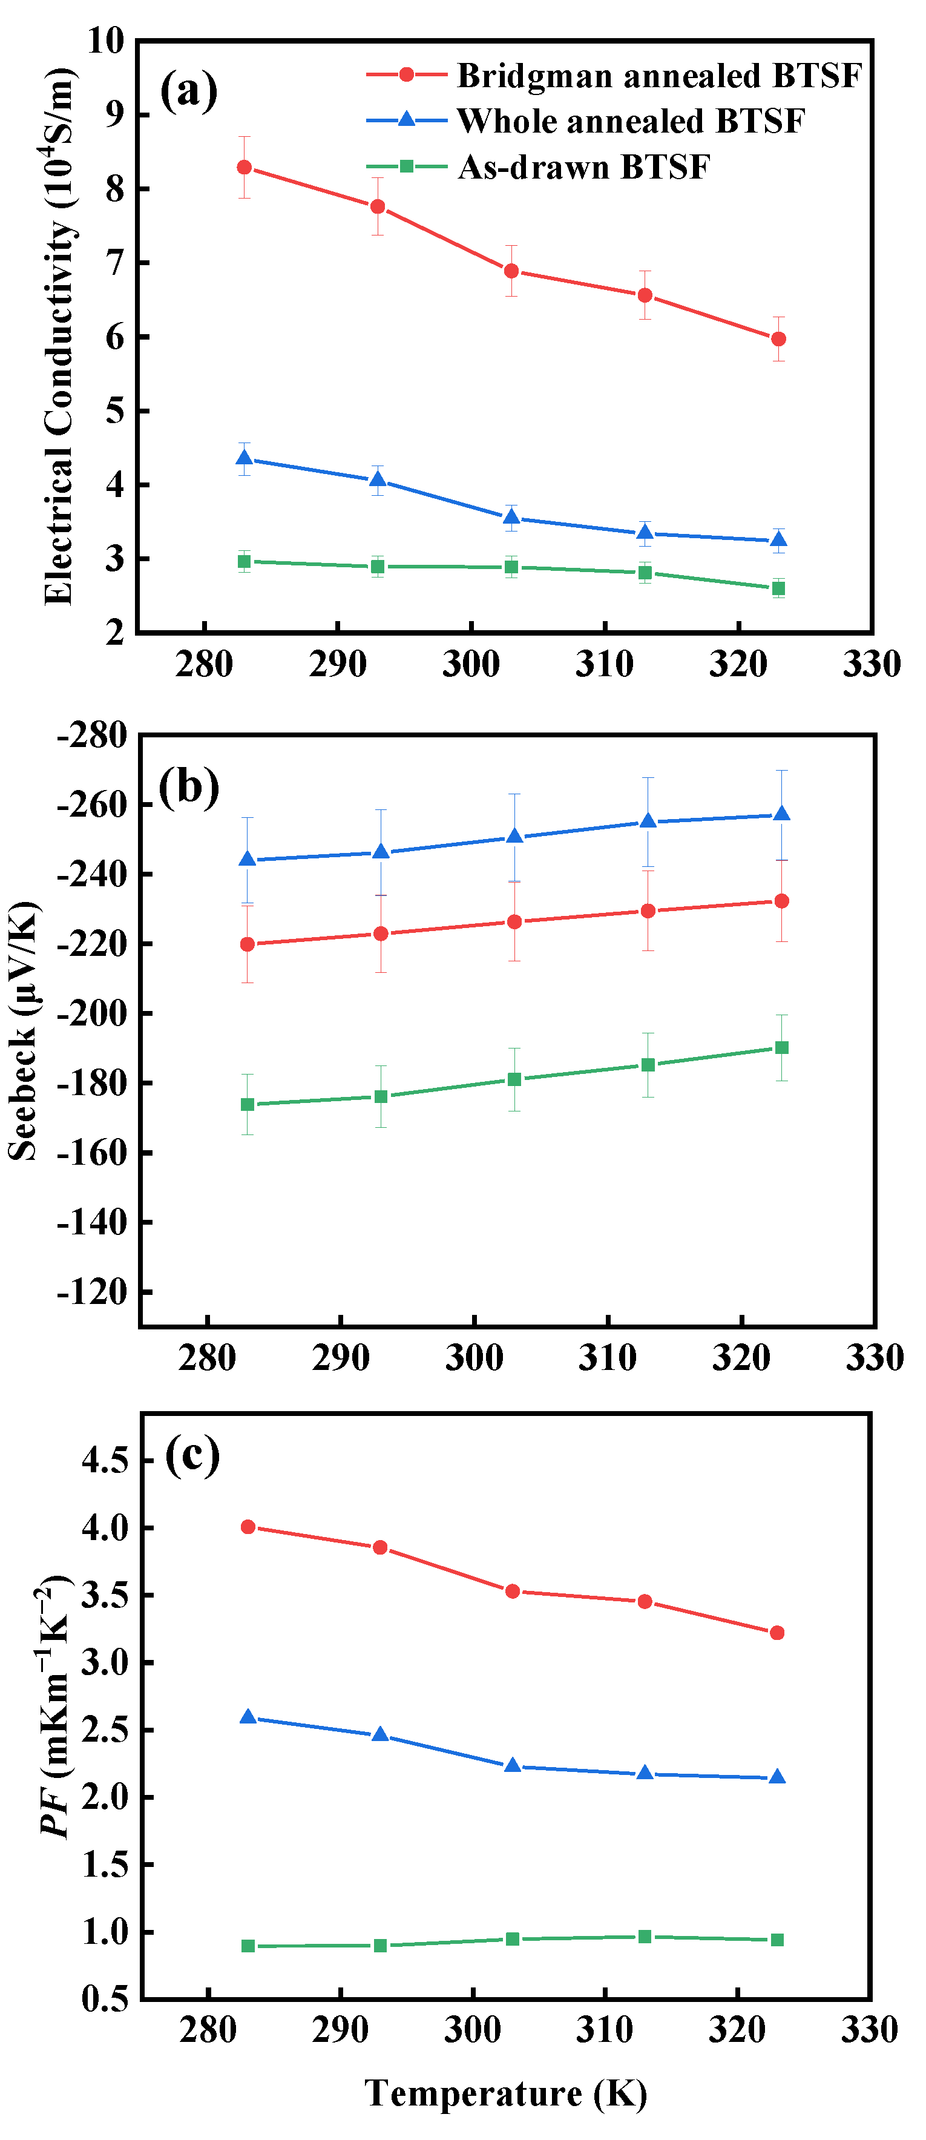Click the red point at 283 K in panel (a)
point(244,168)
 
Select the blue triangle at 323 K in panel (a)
point(778,540)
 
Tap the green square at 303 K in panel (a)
point(511,567)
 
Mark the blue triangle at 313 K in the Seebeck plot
point(648,821)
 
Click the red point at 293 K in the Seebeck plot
point(380,933)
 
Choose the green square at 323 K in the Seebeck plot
point(781,1047)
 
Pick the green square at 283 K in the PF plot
point(248,1946)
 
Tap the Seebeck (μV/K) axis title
point(23,1030)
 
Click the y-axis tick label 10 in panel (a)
point(105,40)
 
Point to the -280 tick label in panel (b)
point(91,735)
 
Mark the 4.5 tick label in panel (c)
point(105,1460)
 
